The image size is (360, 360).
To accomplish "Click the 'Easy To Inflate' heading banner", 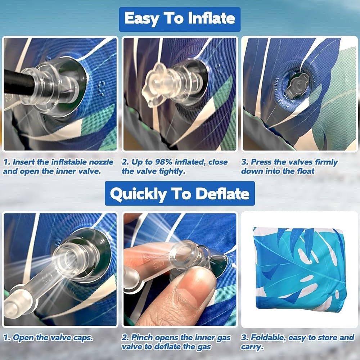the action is [x=180, y=19].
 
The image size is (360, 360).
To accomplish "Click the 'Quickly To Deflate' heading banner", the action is [x=180, y=193].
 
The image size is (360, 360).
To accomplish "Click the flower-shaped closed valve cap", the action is [x=155, y=85].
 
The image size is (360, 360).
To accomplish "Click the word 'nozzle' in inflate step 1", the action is [x=101, y=162].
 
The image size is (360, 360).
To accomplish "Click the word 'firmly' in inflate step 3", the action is [x=326, y=162].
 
